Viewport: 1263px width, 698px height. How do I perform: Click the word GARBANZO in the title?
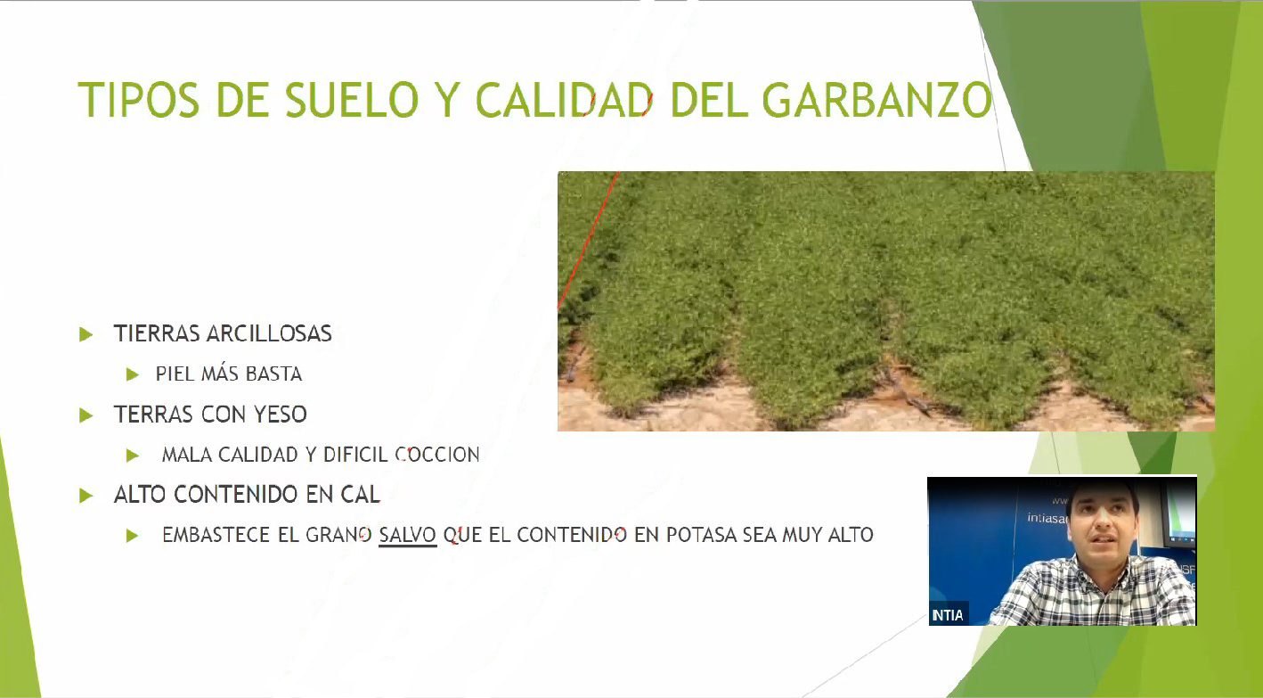click(876, 100)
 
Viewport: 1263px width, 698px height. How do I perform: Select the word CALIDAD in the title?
click(565, 100)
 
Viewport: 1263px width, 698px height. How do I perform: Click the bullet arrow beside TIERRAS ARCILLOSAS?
click(86, 334)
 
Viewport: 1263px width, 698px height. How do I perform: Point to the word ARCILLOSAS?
click(269, 333)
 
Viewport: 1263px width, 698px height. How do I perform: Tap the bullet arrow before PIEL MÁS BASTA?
click(133, 374)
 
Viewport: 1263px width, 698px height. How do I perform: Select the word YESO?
click(280, 415)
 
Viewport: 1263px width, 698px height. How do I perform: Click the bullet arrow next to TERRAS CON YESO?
click(86, 415)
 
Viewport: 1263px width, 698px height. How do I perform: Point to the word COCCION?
click(437, 455)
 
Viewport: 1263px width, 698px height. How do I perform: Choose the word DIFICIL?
click(355, 455)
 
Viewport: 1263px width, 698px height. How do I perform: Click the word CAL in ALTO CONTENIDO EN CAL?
click(360, 494)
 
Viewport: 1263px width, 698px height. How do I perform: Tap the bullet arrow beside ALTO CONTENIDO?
click(86, 496)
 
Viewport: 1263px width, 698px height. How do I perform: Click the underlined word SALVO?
click(407, 535)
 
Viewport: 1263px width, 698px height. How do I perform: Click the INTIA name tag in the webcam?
click(948, 614)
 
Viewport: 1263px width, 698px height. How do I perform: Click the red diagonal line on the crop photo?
click(588, 241)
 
